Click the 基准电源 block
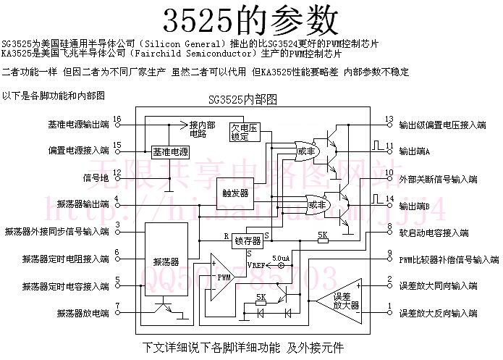point(169,153)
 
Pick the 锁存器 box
point(248,240)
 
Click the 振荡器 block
point(166,261)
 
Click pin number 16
point(117,119)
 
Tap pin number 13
point(389,119)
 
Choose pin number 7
point(117,307)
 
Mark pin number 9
point(389,254)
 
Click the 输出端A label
point(414,152)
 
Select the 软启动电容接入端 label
point(434,233)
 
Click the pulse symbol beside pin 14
point(376,197)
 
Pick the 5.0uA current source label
point(282,258)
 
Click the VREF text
point(259,266)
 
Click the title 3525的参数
point(250,20)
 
